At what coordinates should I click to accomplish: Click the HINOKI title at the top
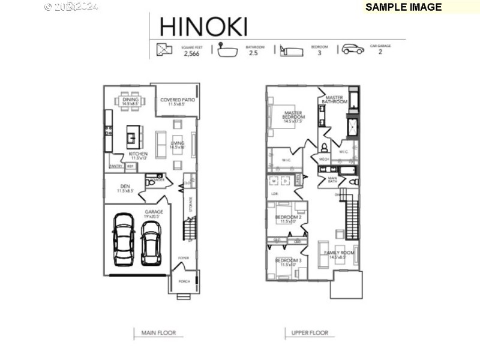203,26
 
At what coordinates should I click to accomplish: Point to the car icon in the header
353,49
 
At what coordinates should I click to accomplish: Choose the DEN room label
125,187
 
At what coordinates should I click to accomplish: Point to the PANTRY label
116,166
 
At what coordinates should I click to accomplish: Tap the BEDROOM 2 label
287,217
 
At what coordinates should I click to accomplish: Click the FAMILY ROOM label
339,253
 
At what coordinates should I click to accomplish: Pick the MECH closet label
324,159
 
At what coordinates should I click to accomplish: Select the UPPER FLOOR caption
310,332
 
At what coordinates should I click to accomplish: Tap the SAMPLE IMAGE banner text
403,7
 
